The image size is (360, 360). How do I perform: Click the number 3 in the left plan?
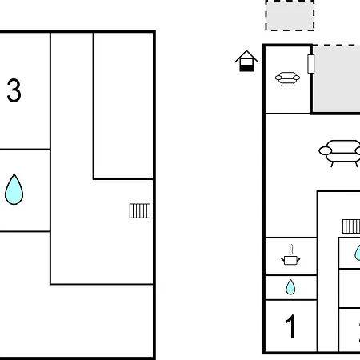click(x=14, y=90)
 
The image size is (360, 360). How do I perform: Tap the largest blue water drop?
click(x=14, y=190)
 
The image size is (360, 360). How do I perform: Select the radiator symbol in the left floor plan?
click(x=140, y=211)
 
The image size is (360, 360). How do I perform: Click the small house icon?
click(x=246, y=61)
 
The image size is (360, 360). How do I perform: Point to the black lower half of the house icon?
click(x=246, y=68)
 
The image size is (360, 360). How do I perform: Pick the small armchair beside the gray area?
click(x=287, y=78)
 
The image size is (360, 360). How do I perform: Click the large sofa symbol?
click(x=340, y=154)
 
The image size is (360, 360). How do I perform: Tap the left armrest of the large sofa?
click(x=326, y=151)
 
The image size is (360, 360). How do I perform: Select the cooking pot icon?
click(x=290, y=260)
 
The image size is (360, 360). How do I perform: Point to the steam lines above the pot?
click(x=291, y=250)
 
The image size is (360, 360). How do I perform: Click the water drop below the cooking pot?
click(x=290, y=287)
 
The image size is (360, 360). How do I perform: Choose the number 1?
click(x=290, y=326)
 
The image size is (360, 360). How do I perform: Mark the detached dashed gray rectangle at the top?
click(x=290, y=15)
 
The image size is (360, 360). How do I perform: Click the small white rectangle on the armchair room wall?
click(x=310, y=64)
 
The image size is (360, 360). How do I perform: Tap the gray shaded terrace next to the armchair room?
click(x=337, y=79)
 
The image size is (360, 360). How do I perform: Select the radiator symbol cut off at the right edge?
click(x=351, y=226)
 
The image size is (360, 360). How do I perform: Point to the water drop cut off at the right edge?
click(x=358, y=253)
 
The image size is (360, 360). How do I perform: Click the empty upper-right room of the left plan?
click(x=123, y=106)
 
